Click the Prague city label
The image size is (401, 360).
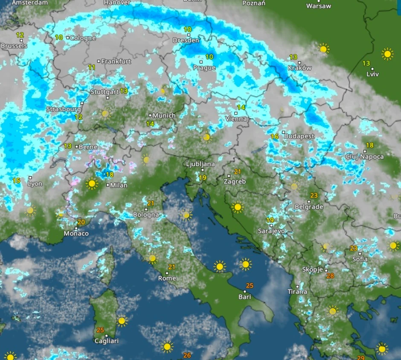(x=204, y=68)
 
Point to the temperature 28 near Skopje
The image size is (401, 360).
(x=330, y=276)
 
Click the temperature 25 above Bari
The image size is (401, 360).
(x=250, y=286)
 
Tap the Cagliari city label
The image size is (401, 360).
(x=106, y=341)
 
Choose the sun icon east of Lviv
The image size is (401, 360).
(x=387, y=54)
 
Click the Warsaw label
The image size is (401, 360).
(x=318, y=6)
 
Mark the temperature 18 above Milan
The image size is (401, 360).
(x=110, y=175)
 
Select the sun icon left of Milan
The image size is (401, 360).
(x=92, y=184)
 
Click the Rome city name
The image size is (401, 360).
(x=167, y=278)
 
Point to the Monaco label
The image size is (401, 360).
(x=76, y=234)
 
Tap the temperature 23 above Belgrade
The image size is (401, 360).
(x=314, y=196)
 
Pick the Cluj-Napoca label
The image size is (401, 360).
(x=366, y=157)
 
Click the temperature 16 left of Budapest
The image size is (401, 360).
(x=274, y=137)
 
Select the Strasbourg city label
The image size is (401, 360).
(x=64, y=109)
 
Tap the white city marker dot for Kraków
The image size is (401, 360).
(x=299, y=62)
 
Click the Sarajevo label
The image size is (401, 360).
(x=271, y=231)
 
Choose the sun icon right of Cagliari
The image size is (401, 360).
(x=122, y=320)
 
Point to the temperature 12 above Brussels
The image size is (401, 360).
(x=20, y=35)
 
